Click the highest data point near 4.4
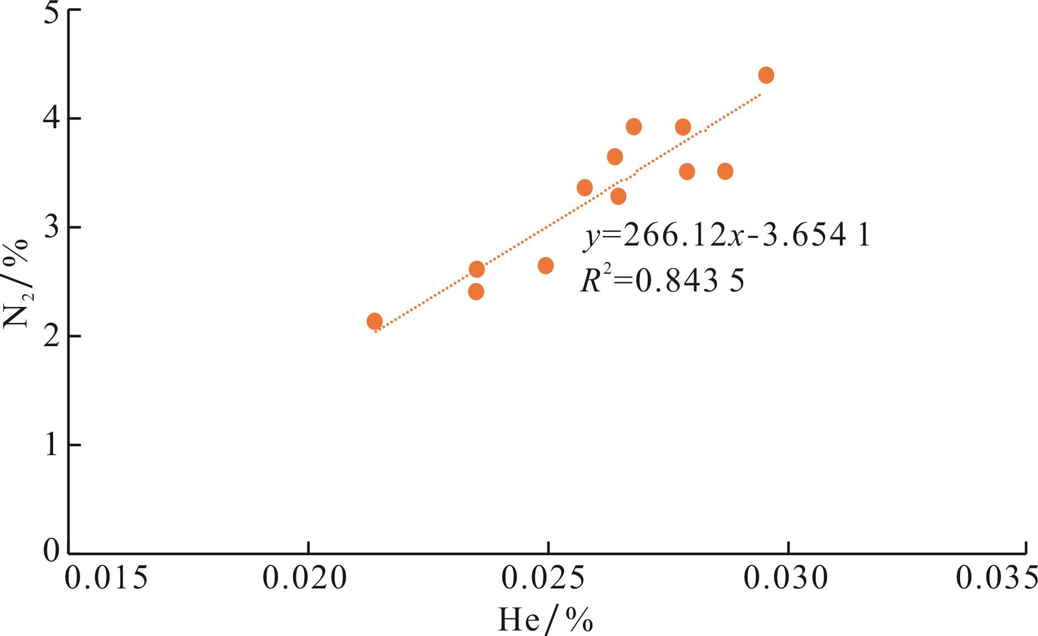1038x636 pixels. tap(766, 75)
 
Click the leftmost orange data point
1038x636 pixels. tap(374, 321)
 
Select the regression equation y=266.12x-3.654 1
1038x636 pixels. tap(726, 236)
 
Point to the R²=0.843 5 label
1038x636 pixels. tap(662, 280)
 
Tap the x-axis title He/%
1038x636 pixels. tap(545, 619)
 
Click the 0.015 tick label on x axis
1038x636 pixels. tap(106, 578)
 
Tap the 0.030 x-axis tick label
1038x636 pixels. tap(786, 578)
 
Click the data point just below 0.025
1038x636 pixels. tap(545, 266)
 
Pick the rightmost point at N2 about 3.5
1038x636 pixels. tap(725, 171)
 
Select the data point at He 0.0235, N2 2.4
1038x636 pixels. tap(476, 291)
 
